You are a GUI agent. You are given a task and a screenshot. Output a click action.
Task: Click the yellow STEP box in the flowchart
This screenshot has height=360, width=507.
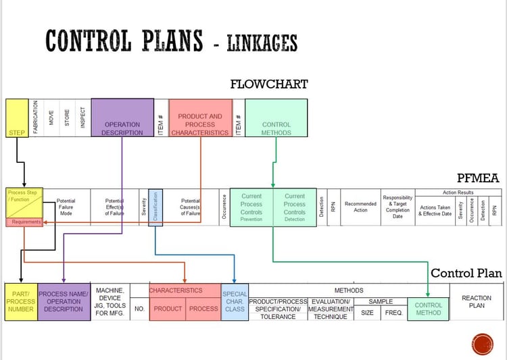(16, 118)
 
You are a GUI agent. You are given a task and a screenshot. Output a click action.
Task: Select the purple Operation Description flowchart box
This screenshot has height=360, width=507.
(122, 118)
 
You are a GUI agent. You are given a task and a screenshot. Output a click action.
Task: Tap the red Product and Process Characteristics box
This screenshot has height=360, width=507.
(199, 118)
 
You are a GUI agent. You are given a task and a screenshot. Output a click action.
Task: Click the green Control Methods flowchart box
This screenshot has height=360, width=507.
(276, 118)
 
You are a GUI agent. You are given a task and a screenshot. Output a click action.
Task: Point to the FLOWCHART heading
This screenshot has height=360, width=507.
(268, 84)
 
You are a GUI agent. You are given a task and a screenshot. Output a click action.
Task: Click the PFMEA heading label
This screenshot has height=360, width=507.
(477, 178)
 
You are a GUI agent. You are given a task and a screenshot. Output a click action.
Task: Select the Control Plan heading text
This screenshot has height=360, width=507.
(466, 273)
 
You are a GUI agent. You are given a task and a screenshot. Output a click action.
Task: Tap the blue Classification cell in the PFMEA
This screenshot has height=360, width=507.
(155, 207)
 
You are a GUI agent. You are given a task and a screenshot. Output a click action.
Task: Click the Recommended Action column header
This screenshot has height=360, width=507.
(360, 206)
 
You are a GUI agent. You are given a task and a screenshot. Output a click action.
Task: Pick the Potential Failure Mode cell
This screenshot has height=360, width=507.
(66, 206)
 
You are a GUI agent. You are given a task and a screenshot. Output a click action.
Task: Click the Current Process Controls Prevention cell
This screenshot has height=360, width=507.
(251, 207)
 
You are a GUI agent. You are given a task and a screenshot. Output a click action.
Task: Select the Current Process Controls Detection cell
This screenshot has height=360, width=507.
(294, 207)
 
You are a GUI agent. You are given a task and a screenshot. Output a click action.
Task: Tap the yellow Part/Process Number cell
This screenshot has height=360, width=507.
(20, 301)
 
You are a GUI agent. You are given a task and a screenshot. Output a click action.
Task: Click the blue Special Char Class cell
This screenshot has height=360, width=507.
(235, 301)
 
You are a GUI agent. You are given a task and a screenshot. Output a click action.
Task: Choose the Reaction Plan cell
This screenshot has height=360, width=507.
(476, 301)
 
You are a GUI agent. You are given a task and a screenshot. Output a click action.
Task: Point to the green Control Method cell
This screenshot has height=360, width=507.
(428, 309)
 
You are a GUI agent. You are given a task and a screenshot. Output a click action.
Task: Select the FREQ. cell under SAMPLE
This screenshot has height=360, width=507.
(393, 313)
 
